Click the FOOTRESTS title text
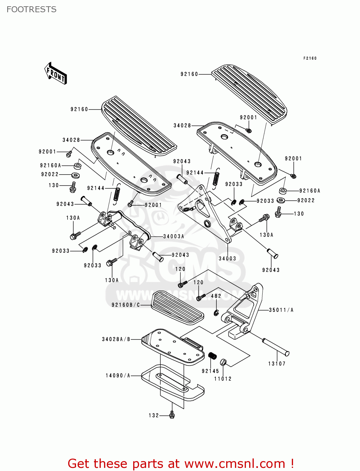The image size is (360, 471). point(31,9)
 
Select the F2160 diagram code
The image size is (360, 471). point(310,58)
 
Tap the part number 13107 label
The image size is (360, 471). point(277,364)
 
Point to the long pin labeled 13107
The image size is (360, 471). point(275,346)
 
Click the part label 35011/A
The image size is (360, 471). point(281,310)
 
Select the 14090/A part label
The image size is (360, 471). point(118,376)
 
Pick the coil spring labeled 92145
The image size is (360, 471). point(213,356)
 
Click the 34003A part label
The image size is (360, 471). point(173,236)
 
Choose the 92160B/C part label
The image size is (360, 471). point(126,305)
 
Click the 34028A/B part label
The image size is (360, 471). point(116,339)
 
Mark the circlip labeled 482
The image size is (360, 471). point(216,312)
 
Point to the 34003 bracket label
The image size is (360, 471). point(227,258)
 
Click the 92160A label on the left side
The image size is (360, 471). point(51,165)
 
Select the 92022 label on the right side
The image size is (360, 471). point(306,200)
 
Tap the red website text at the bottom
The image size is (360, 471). point(181,463)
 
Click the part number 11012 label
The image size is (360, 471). point(223,379)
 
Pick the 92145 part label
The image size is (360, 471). point(210,371)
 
